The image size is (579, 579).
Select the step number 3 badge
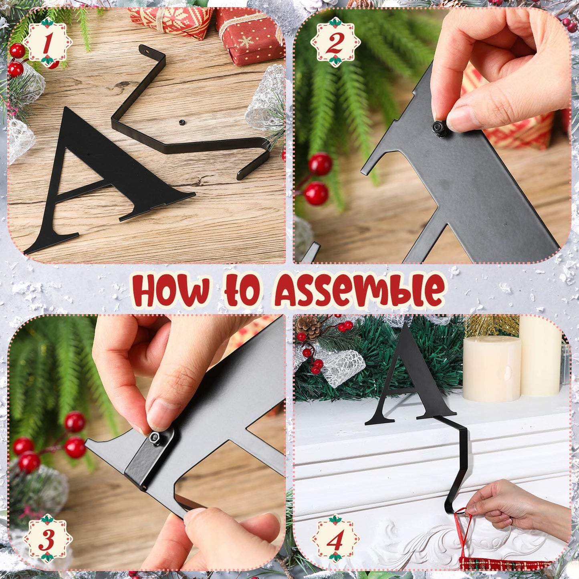pyautogui.click(x=48, y=537)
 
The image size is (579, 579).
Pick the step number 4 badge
pyautogui.click(x=335, y=537)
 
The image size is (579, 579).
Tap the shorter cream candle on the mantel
pyautogui.click(x=492, y=368)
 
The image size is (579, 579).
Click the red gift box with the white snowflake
pyautogui.click(x=248, y=38)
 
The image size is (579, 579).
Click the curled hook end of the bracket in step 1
pyautogui.click(x=256, y=160)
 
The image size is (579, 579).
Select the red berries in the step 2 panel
pyautogui.click(x=319, y=178)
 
